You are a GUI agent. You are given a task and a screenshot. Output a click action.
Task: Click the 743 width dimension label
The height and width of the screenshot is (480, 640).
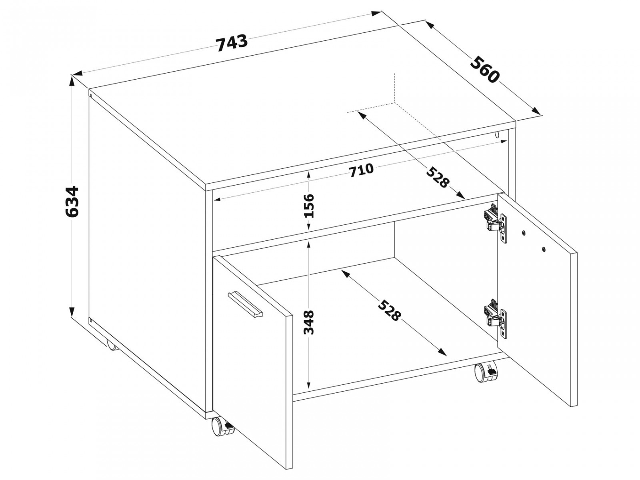tap(232, 42)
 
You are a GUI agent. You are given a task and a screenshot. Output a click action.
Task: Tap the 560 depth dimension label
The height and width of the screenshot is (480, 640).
tap(484, 70)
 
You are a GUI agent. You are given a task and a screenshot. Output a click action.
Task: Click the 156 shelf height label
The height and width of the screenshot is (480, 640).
tap(309, 205)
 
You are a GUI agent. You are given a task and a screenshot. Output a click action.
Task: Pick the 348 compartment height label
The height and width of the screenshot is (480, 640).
tap(308, 322)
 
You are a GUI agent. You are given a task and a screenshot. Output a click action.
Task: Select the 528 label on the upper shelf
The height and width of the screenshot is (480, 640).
tap(438, 177)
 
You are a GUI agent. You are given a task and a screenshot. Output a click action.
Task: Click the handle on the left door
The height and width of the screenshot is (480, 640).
tap(245, 303)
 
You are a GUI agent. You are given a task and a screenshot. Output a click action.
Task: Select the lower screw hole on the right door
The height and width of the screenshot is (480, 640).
tap(544, 248)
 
